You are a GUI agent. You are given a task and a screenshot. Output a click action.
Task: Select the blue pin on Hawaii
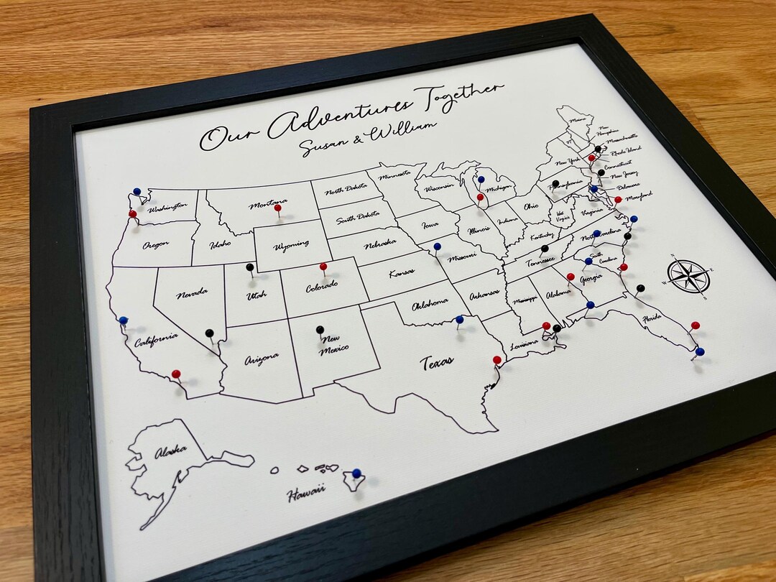(356, 473)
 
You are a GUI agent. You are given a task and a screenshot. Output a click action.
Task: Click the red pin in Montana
(278, 208)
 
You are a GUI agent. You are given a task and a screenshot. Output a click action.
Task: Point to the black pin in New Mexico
(320, 330)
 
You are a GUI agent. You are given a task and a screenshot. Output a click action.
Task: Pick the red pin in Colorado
(323, 267)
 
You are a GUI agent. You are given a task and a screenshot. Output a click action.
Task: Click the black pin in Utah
(250, 267)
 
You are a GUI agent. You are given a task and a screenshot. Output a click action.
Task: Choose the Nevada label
(193, 292)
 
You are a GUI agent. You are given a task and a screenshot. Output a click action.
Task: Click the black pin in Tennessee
(545, 249)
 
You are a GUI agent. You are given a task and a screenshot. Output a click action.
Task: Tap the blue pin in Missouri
(437, 246)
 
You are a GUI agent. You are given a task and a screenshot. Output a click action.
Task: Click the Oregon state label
(155, 244)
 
